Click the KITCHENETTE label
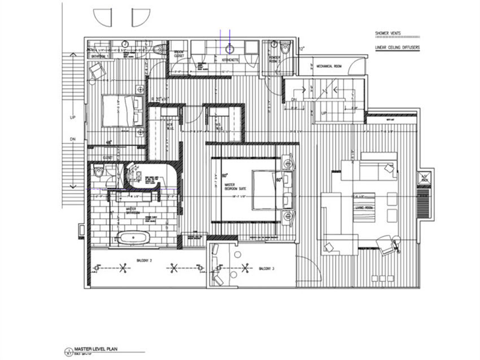[232, 58]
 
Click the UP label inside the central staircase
[324, 112]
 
